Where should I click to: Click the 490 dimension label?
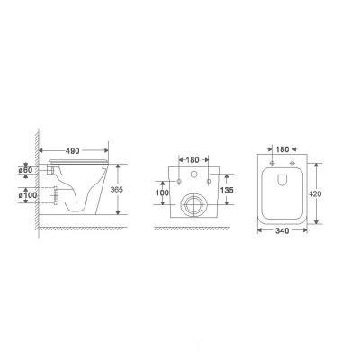[x=73, y=151]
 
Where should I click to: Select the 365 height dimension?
[x=117, y=190]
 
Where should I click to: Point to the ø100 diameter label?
[x=28, y=195]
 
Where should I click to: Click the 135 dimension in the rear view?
[x=226, y=190]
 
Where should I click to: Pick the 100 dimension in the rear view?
[x=162, y=193]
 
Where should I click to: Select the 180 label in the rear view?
[x=193, y=160]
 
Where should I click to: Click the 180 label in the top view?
[x=283, y=149]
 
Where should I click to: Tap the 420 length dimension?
[x=315, y=193]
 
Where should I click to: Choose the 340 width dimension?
[x=283, y=230]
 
